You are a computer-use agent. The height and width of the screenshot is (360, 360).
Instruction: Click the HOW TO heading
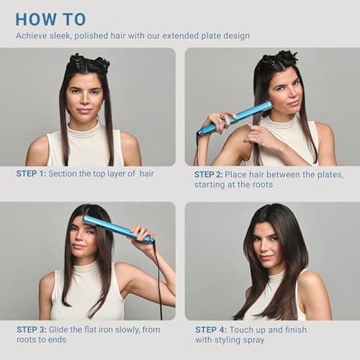(x=50, y=19)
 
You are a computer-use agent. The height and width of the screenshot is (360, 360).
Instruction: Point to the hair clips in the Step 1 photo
(x=89, y=61)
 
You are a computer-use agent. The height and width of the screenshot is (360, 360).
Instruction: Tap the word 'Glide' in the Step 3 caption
(x=68, y=329)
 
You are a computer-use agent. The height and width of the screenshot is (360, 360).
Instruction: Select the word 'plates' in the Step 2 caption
(x=328, y=174)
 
